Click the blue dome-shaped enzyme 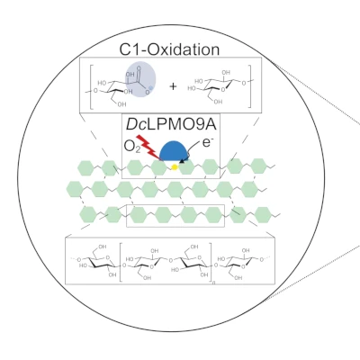[x=178, y=156]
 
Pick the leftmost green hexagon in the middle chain [x=75, y=189]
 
